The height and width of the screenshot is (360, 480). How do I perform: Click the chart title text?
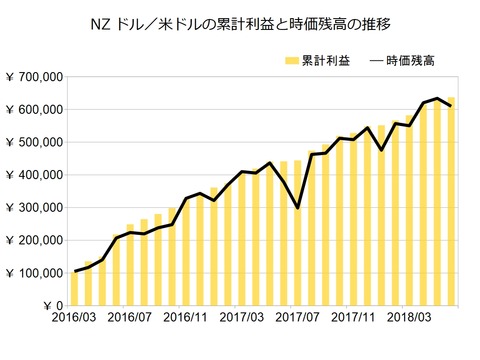coord(240,22)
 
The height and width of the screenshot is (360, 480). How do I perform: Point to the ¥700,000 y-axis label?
coord(35,77)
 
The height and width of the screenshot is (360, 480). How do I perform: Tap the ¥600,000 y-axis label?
coord(35,110)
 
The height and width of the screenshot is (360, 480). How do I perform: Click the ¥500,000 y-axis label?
coord(35,142)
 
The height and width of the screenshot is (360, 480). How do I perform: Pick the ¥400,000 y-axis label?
coord(35,175)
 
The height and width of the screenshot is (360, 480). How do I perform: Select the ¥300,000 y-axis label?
coord(35,207)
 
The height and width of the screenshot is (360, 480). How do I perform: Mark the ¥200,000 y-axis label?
coord(35,240)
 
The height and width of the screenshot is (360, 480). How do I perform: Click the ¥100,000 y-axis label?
coord(35,272)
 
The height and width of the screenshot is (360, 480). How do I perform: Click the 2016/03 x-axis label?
coord(74,318)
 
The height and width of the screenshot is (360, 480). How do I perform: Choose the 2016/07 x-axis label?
coord(130,318)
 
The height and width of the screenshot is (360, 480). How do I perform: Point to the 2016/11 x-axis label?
coord(186,318)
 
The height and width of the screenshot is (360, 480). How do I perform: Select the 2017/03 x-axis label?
coord(242,318)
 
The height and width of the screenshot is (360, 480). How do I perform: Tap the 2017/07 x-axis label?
coord(298,318)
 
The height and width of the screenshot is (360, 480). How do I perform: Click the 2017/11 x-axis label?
coord(355,318)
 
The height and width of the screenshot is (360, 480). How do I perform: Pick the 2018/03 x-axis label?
coord(411,318)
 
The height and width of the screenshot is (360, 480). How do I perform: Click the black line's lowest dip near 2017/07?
coord(298,208)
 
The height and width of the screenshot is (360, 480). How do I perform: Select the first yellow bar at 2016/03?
coord(74,288)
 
